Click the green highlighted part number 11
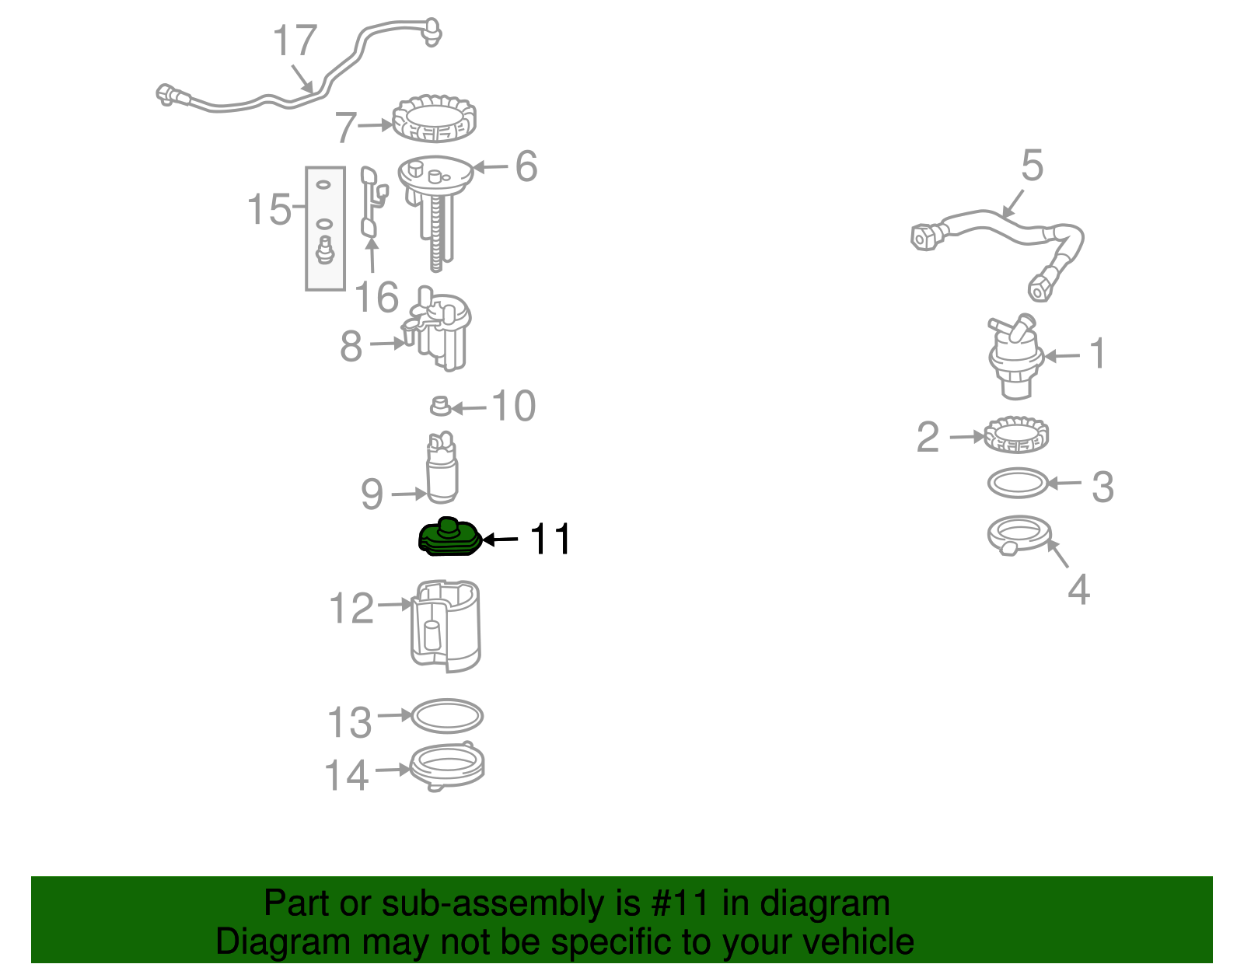coord(449,539)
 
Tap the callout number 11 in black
coord(550,539)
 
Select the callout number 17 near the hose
coord(295,41)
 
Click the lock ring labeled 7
coord(434,119)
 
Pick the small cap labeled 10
coord(441,406)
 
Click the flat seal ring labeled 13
coord(447,716)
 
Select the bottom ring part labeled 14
coord(447,767)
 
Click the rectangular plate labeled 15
coord(325,228)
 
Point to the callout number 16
coord(376,298)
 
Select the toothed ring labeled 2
coord(1016,435)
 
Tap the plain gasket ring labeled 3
coord(1018,484)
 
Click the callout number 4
coord(1078,590)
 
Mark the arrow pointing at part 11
coord(501,539)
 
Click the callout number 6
coord(526,166)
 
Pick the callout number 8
coord(351,346)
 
